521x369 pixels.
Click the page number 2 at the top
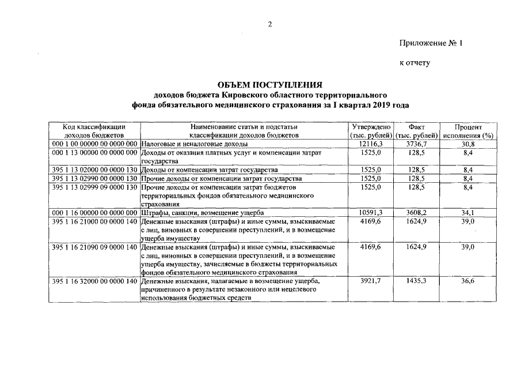[x=269, y=24]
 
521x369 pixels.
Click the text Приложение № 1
[x=431, y=43]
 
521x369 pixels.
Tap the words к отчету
[x=414, y=62]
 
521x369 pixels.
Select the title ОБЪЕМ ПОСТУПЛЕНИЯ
[x=271, y=85]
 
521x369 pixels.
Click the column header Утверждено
[x=371, y=126]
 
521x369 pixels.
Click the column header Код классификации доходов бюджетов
[x=96, y=130]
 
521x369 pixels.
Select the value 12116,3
[x=371, y=143]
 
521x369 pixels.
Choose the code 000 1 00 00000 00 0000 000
[x=95, y=143]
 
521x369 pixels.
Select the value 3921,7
[x=371, y=281]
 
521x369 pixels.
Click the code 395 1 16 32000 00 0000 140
[x=95, y=281]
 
